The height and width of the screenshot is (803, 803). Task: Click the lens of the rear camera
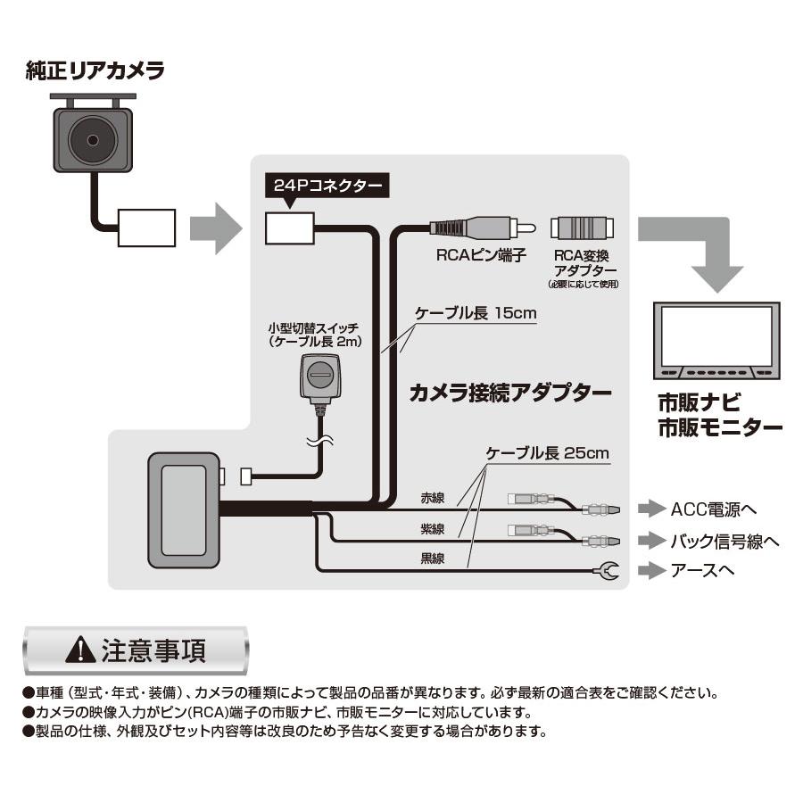[91, 138]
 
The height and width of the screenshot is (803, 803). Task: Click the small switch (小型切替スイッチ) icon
[319, 377]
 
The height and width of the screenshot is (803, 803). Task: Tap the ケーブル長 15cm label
[475, 315]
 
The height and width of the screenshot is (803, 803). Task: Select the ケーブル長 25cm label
[546, 453]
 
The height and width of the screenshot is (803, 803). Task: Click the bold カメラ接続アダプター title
[509, 393]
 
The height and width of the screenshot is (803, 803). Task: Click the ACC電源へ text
[714, 510]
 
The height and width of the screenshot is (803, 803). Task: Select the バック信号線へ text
[724, 541]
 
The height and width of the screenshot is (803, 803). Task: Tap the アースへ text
[702, 571]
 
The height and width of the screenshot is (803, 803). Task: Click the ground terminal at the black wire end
[608, 571]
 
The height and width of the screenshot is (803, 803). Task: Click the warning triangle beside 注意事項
[82, 650]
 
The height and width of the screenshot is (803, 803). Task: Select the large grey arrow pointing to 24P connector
[215, 228]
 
